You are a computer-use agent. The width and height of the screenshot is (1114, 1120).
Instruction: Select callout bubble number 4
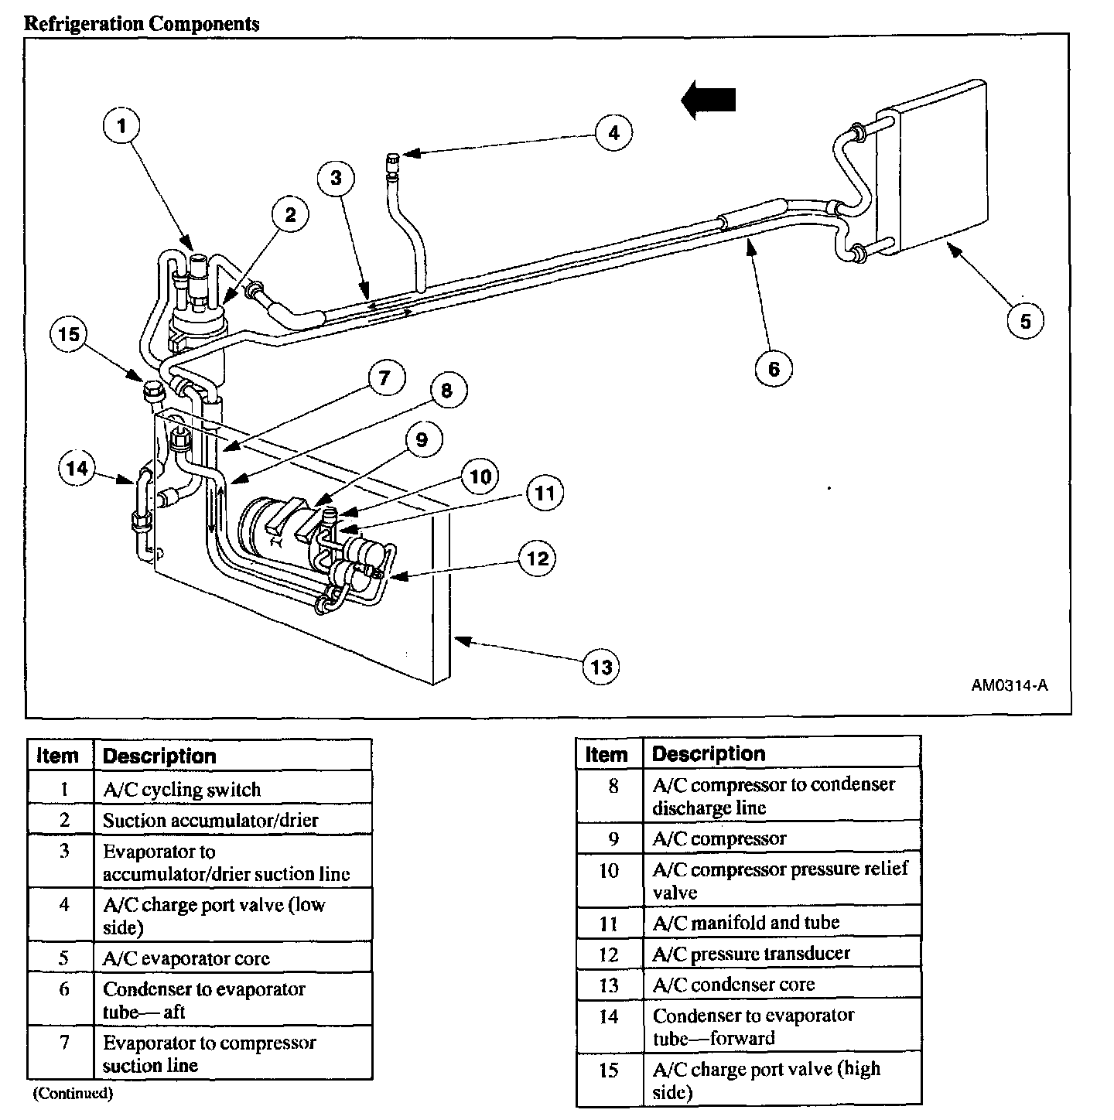[x=613, y=133]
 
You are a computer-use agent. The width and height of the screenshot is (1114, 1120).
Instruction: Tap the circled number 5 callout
[x=1026, y=320]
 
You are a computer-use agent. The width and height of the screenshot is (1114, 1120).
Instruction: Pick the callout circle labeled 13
[x=601, y=667]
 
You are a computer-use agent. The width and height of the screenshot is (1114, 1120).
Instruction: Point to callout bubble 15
[x=70, y=334]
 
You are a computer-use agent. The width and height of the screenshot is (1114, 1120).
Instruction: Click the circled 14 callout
[x=77, y=468]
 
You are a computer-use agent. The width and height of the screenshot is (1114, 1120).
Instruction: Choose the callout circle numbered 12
[x=538, y=558]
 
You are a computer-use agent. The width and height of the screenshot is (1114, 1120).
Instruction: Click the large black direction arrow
[x=709, y=101]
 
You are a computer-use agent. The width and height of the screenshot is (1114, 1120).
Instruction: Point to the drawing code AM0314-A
[x=1010, y=685]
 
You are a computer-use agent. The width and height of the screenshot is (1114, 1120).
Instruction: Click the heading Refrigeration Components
[x=142, y=23]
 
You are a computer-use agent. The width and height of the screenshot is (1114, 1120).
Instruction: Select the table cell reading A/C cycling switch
[x=182, y=790]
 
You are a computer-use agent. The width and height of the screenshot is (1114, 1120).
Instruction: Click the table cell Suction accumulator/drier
[x=210, y=820]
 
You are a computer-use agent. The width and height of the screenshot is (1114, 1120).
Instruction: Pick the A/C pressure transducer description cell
[x=750, y=954]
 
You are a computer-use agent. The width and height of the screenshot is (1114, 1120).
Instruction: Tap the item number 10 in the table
[x=609, y=870]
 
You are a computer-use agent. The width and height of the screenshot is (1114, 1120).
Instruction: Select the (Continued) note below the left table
[x=73, y=1094]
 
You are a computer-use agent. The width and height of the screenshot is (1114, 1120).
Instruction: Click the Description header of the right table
[x=708, y=754]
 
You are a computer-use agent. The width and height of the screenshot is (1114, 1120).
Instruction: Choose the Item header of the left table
[x=58, y=756]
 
